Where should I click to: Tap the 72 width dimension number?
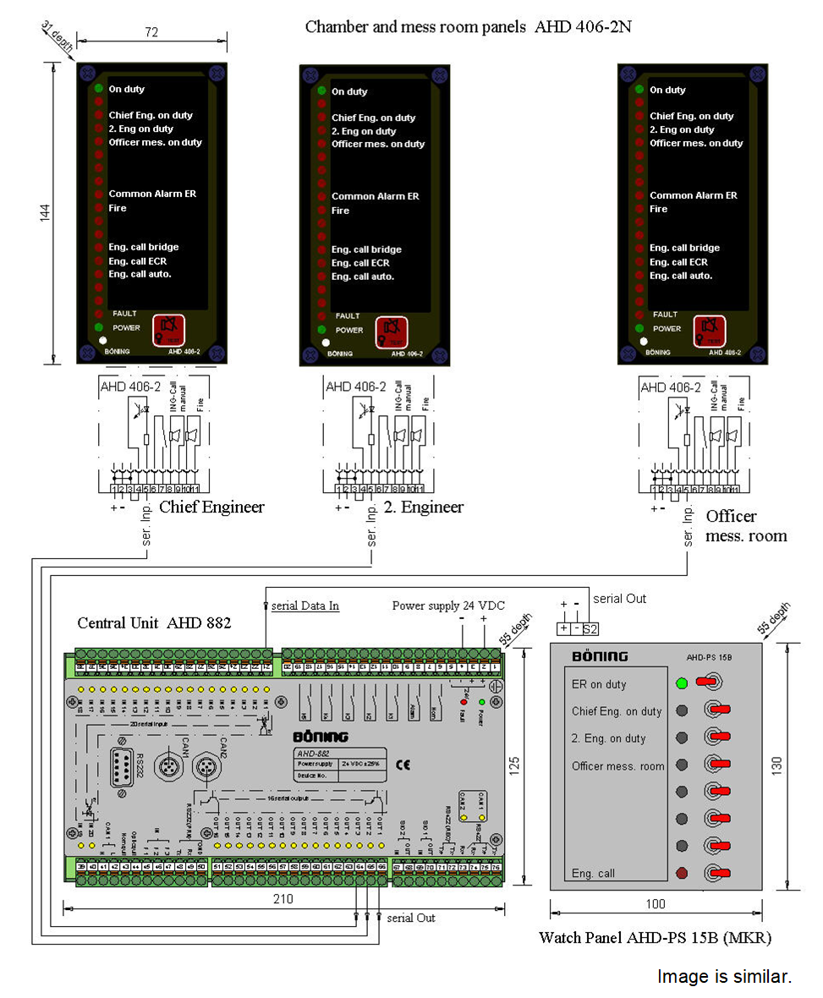click(152, 31)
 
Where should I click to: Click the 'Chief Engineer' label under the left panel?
click(211, 507)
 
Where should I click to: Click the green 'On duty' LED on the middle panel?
click(321, 91)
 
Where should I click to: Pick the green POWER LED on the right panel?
click(639, 328)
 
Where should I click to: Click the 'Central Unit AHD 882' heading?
click(154, 623)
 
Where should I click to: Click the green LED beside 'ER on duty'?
click(682, 683)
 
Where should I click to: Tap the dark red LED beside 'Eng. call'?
click(682, 873)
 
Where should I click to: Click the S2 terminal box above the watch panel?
click(590, 628)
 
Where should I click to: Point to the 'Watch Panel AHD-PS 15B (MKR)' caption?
click(655, 938)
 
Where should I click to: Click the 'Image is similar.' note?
click(724, 976)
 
